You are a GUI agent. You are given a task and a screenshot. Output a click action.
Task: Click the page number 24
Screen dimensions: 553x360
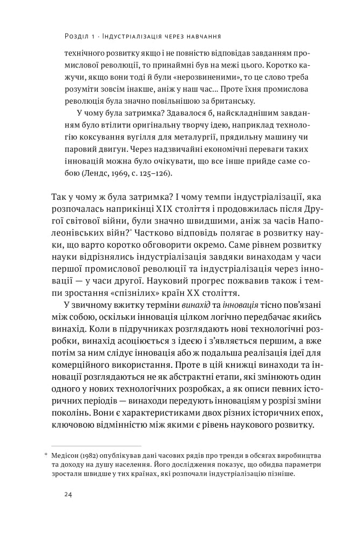(x=69, y=495)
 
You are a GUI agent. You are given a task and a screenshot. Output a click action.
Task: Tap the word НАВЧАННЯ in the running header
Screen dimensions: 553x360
(x=201, y=37)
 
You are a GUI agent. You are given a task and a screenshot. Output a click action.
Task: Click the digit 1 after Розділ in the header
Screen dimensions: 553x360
(x=93, y=37)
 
